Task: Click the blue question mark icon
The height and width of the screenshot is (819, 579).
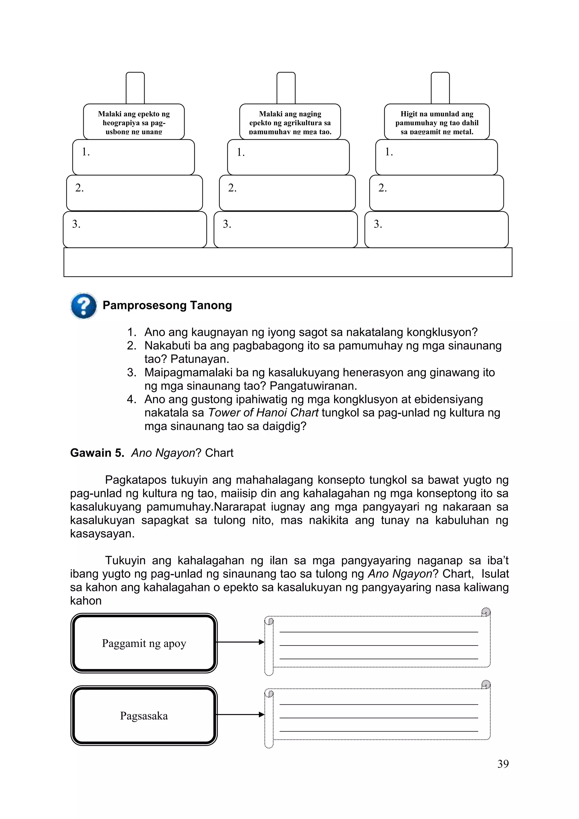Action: pyautogui.click(x=84, y=306)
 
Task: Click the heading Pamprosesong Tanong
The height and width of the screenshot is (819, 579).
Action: pyautogui.click(x=167, y=305)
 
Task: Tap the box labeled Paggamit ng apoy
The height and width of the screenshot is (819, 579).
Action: pyautogui.click(x=144, y=643)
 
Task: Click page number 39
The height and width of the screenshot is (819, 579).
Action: pyautogui.click(x=503, y=764)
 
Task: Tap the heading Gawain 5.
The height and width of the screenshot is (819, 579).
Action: pyautogui.click(x=97, y=453)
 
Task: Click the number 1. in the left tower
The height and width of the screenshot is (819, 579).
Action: pyautogui.click(x=86, y=152)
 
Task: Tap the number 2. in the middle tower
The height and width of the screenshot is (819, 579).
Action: pyautogui.click(x=232, y=188)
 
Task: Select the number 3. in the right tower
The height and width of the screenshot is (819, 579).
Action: pyautogui.click(x=377, y=224)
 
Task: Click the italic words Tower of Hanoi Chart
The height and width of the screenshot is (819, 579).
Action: pyautogui.click(x=263, y=412)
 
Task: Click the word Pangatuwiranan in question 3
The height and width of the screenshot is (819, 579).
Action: pyautogui.click(x=313, y=386)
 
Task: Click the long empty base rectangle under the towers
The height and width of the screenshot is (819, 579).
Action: pyautogui.click(x=288, y=262)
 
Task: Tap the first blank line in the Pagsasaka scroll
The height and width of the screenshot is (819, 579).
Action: pyautogui.click(x=379, y=704)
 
